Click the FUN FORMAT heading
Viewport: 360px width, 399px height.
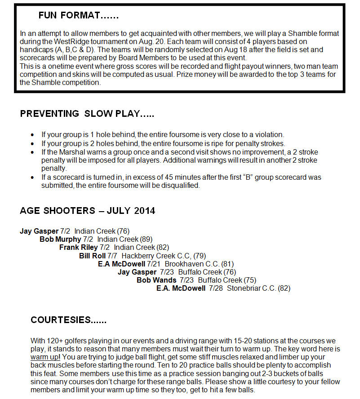[78, 15]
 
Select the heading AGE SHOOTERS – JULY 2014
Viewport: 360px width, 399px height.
[88, 211]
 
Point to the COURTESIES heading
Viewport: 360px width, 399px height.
[68, 320]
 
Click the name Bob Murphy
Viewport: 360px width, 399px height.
[60, 239]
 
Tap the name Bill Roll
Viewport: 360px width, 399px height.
[92, 256]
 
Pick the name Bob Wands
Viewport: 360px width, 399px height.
[156, 280]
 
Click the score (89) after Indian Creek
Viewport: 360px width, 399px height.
[146, 239]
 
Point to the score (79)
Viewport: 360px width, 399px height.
[200, 256]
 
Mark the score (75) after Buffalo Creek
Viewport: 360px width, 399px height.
[250, 280]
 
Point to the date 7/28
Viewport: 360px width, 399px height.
[216, 288]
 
